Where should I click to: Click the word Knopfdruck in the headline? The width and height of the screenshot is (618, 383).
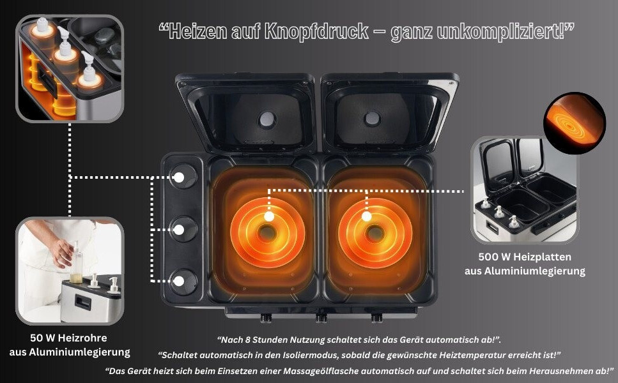(x=316, y=31)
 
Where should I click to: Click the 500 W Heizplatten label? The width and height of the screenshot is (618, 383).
(x=525, y=257)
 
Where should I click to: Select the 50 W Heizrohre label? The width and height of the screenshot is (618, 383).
(x=68, y=338)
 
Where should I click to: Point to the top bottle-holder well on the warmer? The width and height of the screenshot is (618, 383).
(x=183, y=177)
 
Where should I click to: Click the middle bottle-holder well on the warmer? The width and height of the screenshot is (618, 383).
(x=183, y=229)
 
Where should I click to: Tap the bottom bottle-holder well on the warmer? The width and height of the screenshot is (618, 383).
(x=183, y=282)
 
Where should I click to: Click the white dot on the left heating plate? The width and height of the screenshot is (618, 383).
(x=269, y=216)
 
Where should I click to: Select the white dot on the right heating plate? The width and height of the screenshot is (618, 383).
(x=367, y=216)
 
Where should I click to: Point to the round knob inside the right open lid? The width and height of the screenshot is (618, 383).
(x=372, y=119)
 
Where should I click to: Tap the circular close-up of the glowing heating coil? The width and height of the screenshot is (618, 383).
(x=574, y=123)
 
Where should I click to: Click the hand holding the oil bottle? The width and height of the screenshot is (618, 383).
(x=61, y=252)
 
